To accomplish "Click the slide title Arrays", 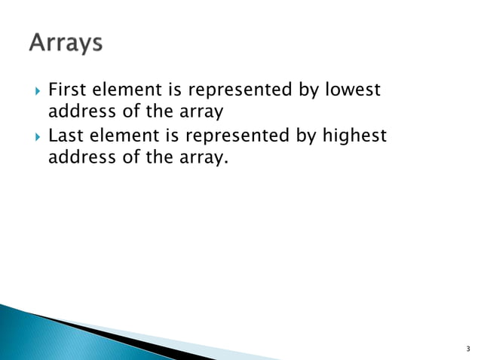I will [66, 43].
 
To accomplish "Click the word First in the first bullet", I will [64, 90].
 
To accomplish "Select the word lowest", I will [353, 90].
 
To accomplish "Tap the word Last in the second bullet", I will [63, 136].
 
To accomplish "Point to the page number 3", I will [467, 349].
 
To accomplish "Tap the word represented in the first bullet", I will [239, 91].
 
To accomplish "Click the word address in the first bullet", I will [78, 113].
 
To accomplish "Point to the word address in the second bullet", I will [78, 159].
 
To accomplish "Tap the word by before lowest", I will [307, 91].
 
